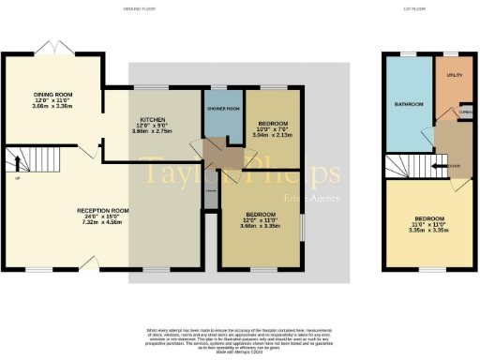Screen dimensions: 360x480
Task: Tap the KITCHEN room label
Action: tap(153, 120)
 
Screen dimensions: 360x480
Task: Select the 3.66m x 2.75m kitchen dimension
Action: tap(153, 133)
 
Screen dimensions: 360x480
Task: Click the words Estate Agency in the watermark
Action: tap(314, 197)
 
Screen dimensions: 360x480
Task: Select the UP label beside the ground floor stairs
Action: tap(17, 177)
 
